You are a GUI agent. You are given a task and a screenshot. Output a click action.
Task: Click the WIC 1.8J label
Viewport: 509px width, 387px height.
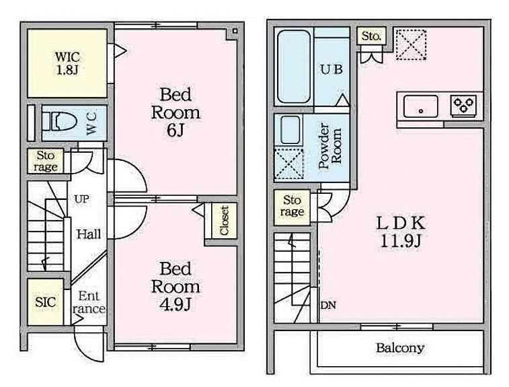point(67,63)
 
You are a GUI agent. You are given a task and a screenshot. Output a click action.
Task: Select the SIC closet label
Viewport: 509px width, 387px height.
point(46,302)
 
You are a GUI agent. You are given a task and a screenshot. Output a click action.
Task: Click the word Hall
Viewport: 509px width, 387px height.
point(89,234)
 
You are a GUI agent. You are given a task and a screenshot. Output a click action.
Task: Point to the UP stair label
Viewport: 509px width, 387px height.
point(81,199)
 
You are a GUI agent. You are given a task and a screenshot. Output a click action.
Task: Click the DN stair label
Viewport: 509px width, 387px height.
point(328,305)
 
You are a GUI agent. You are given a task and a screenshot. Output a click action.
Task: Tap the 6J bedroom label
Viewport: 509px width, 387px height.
point(175,112)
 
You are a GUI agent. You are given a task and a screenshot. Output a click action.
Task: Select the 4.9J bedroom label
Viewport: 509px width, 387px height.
point(175,287)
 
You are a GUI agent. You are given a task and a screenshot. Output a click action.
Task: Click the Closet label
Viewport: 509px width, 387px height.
point(225,221)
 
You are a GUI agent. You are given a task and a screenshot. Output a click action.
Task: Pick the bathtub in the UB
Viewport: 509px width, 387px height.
point(294,67)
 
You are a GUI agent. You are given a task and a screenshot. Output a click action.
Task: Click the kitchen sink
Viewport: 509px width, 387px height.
point(420,106)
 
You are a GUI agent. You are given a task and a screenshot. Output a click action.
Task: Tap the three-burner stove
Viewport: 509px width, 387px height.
point(463,105)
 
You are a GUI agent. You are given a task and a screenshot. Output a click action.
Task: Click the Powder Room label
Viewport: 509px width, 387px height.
point(330,145)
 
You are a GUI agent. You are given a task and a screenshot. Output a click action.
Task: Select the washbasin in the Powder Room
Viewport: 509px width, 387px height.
point(290,130)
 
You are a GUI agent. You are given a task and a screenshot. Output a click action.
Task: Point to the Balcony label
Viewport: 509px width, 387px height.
point(400,348)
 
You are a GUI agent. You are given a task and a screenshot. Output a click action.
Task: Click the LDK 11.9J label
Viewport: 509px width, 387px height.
point(401,232)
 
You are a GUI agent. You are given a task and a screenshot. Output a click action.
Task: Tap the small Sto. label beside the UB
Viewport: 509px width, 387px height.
point(371,36)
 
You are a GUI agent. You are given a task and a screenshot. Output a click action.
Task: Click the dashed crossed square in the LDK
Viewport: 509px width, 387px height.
point(411,44)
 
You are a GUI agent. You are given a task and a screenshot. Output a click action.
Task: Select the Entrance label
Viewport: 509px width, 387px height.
point(89,302)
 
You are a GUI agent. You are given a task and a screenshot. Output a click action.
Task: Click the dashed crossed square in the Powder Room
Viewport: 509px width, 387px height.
point(289,164)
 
